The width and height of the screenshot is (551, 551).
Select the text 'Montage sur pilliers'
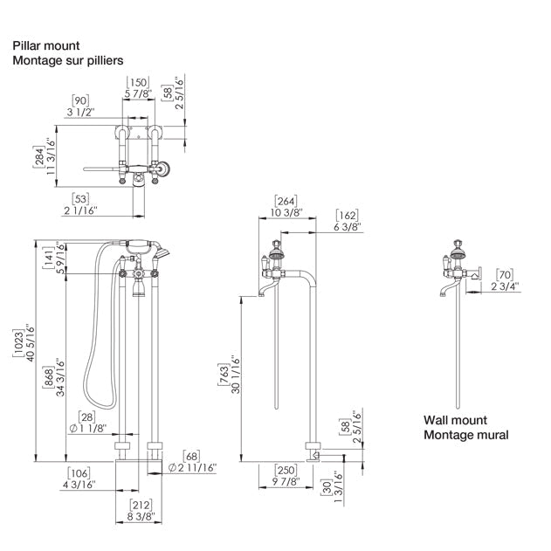coord(67,60)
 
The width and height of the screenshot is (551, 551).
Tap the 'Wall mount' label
coord(457,420)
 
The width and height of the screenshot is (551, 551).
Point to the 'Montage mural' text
coord(466,435)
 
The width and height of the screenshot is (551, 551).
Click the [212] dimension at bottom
coord(141,505)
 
